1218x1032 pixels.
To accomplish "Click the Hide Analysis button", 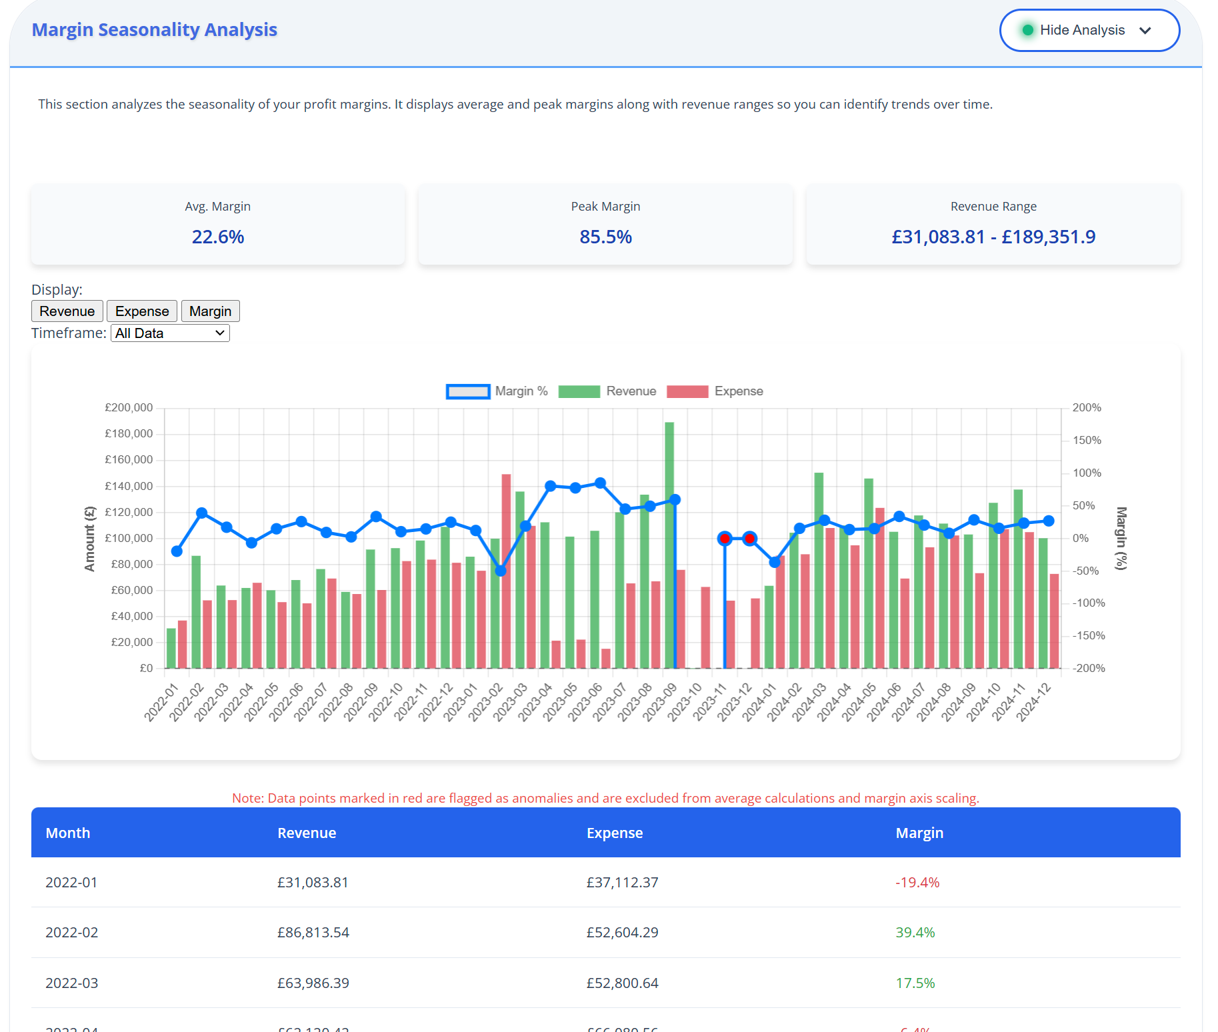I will (1089, 30).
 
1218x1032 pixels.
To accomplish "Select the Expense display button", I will (142, 311).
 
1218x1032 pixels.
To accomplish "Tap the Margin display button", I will (210, 311).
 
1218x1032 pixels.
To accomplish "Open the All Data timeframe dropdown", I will (170, 333).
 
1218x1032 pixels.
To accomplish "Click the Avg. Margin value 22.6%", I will (218, 237).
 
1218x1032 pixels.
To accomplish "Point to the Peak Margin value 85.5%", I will (605, 237).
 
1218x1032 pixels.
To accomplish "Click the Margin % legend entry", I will (497, 391).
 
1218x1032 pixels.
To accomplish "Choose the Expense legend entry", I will (715, 391).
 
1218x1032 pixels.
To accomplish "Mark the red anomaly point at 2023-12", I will (749, 538).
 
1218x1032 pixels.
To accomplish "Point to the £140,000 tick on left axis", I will (129, 486).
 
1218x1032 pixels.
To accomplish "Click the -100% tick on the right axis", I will (1088, 603).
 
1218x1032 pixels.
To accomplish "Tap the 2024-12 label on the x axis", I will (1033, 701).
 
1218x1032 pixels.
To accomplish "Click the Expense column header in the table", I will (614, 833).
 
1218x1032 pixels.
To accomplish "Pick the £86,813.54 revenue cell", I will (313, 932).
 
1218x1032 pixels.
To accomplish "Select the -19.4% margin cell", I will (917, 882).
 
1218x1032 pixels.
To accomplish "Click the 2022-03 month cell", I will (71, 983).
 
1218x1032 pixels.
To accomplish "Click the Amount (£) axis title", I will (89, 539).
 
